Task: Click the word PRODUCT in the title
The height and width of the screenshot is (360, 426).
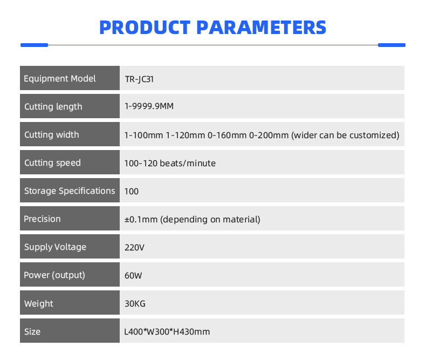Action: pyautogui.click(x=145, y=28)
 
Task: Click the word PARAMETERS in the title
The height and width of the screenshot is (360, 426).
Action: pyautogui.click(x=261, y=28)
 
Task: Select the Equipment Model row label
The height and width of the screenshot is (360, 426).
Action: pyautogui.click(x=60, y=79)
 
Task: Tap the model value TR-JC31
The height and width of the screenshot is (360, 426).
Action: pyautogui.click(x=139, y=79)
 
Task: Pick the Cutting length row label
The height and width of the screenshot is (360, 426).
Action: pyautogui.click(x=53, y=106)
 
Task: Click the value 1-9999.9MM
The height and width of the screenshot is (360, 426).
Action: pyautogui.click(x=149, y=106)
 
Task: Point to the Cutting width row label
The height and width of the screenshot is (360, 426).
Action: pyautogui.click(x=52, y=134)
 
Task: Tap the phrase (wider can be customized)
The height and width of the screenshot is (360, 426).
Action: pyautogui.click(x=345, y=135)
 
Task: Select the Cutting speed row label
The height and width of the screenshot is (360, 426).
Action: pyautogui.click(x=52, y=163)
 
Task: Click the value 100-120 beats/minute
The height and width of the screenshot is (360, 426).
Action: pyautogui.click(x=170, y=163)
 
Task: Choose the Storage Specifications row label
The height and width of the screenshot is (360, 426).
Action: pyautogui.click(x=70, y=191)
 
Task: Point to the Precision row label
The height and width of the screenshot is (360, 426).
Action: pyautogui.click(x=42, y=219)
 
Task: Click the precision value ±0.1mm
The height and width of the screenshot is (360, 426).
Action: pyautogui.click(x=141, y=220)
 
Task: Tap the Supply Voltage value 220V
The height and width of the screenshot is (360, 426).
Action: pyautogui.click(x=134, y=247)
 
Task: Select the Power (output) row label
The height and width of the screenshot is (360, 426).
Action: pyautogui.click(x=54, y=275)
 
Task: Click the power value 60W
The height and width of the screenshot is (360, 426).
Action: pyautogui.click(x=133, y=275)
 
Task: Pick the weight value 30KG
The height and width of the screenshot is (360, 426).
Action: pyautogui.click(x=135, y=303)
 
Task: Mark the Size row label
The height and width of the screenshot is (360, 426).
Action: pyautogui.click(x=32, y=332)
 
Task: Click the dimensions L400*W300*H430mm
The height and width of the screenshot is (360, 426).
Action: pyautogui.click(x=167, y=332)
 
